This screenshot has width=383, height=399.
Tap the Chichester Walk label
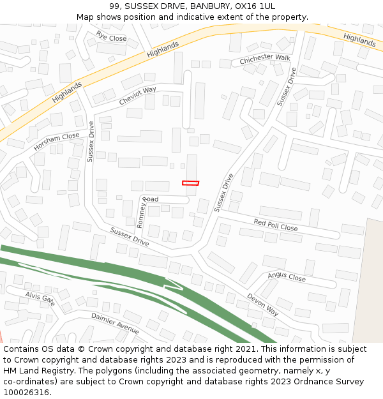click(x=265, y=59)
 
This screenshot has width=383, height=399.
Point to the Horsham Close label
click(x=56, y=141)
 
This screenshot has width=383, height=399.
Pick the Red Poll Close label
click(x=275, y=224)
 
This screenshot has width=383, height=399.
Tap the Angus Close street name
click(x=286, y=276)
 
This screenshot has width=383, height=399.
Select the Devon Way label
click(x=262, y=305)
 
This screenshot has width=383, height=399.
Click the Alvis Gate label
click(x=40, y=298)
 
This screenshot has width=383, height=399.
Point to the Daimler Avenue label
click(x=115, y=323)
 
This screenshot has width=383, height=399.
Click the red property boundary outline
click(x=190, y=183)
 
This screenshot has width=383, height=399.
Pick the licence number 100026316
click(x=26, y=393)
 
